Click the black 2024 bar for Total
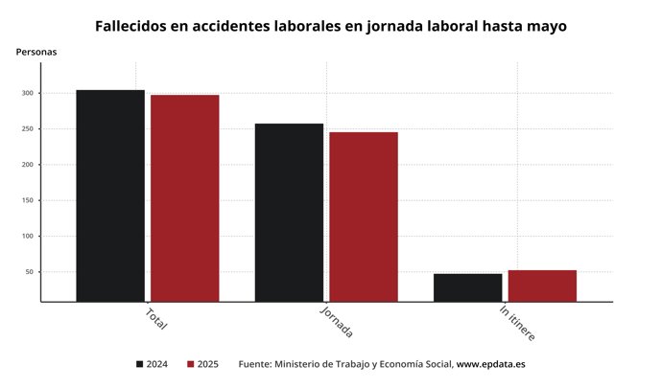pyautogui.click(x=110, y=195)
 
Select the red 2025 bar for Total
pyautogui.click(x=184, y=198)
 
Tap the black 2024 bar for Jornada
pyautogui.click(x=289, y=213)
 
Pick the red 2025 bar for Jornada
pyautogui.click(x=364, y=217)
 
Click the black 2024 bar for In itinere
pyautogui.click(x=467, y=287)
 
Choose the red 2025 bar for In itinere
pyautogui.click(x=542, y=285)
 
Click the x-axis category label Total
pyautogui.click(x=156, y=319)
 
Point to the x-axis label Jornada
pyautogui.click(x=336, y=323)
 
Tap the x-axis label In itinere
pyautogui.click(x=517, y=324)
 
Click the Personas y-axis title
pyautogui.click(x=36, y=52)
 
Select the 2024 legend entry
pyautogui.click(x=154, y=364)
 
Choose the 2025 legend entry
pyautogui.click(x=202, y=364)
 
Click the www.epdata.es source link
pyautogui.click(x=490, y=364)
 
